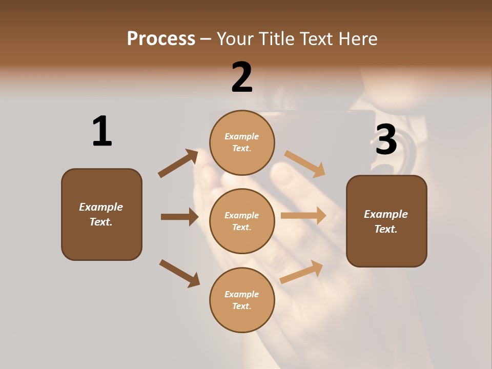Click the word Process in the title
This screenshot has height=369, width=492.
pyautogui.click(x=161, y=39)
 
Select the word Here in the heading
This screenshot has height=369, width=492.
pyautogui.click(x=357, y=39)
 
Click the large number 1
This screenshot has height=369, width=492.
pyautogui.click(x=101, y=131)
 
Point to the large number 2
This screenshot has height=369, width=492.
pyautogui.click(x=242, y=77)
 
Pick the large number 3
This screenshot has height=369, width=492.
pyautogui.click(x=386, y=139)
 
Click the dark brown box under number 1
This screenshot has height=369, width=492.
pyautogui.click(x=101, y=214)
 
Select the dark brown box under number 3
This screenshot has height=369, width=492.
pyautogui.click(x=386, y=221)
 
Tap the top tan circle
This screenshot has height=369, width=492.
pyautogui.click(x=242, y=142)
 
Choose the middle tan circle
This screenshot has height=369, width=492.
pyautogui.click(x=242, y=221)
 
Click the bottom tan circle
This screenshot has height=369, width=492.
pyautogui.click(x=242, y=300)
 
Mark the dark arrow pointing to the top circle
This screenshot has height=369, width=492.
pyautogui.click(x=178, y=163)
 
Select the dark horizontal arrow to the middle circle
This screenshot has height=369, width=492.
pyautogui.click(x=179, y=217)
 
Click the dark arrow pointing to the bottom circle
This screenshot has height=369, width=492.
pyautogui.click(x=179, y=273)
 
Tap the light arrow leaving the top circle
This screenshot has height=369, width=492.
pyautogui.click(x=305, y=164)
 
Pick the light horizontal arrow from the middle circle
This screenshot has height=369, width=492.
pyautogui.click(x=303, y=216)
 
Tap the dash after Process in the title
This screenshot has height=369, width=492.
pyautogui.click(x=206, y=39)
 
